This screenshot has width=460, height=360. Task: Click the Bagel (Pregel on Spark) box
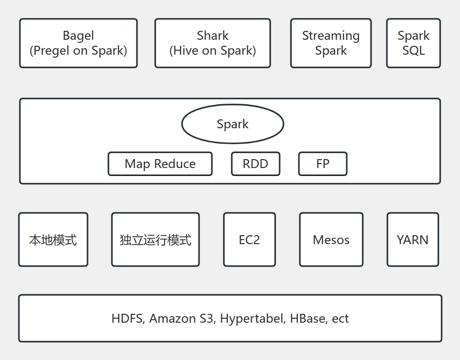point(78,43)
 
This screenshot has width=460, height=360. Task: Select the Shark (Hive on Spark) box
point(212,43)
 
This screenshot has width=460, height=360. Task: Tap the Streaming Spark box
point(331,43)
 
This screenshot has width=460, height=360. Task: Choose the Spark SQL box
point(413,43)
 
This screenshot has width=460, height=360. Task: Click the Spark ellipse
point(232,124)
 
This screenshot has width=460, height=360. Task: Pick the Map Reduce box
point(160,164)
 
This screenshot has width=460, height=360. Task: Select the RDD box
point(255,164)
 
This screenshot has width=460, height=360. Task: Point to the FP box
point(322,164)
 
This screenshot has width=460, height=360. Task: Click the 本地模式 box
point(53,240)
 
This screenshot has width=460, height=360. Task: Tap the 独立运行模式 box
point(155,240)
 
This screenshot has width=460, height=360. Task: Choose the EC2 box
point(249,240)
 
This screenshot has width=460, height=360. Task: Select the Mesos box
point(331,240)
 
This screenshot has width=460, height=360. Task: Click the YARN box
point(412,240)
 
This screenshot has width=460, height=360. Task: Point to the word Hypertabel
point(253,319)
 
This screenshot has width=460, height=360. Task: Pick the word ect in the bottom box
point(340,319)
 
